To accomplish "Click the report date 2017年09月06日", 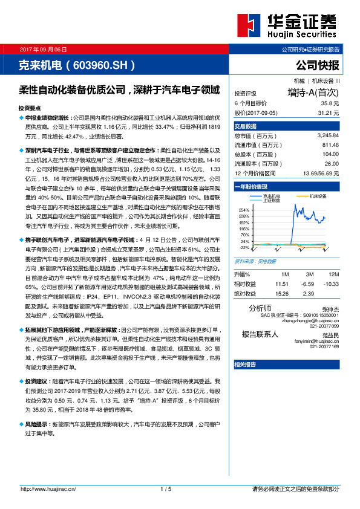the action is point(44,48).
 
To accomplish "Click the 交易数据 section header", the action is point(246,126).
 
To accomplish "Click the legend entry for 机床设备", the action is point(318,196).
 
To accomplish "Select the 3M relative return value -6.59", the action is point(308,283).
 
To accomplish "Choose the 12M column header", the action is point(331,274).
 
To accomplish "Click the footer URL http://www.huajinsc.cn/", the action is point(46,488).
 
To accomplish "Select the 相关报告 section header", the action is point(245,365).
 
